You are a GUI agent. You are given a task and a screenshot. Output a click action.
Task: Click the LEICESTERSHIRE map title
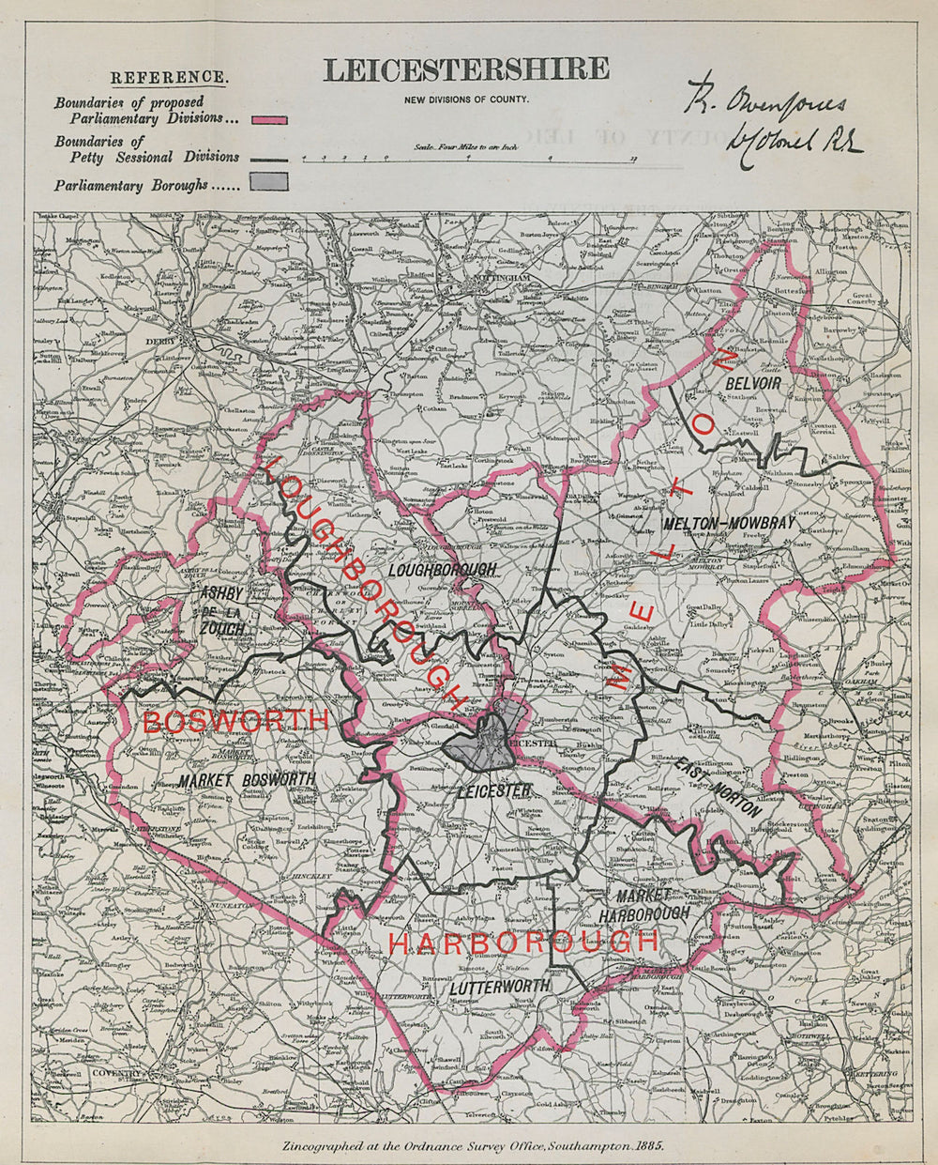coord(466,70)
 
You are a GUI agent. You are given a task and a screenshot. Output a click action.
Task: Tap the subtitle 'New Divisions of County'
coord(466,100)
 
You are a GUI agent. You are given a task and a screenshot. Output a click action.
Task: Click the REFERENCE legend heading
coord(168,77)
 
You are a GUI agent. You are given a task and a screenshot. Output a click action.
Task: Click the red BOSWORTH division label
coord(235,721)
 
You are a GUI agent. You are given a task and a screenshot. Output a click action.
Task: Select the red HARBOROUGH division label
coord(523,942)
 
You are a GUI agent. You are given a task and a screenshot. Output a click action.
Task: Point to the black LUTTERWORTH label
coord(496,988)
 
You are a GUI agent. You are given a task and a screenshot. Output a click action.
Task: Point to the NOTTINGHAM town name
coord(491,280)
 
